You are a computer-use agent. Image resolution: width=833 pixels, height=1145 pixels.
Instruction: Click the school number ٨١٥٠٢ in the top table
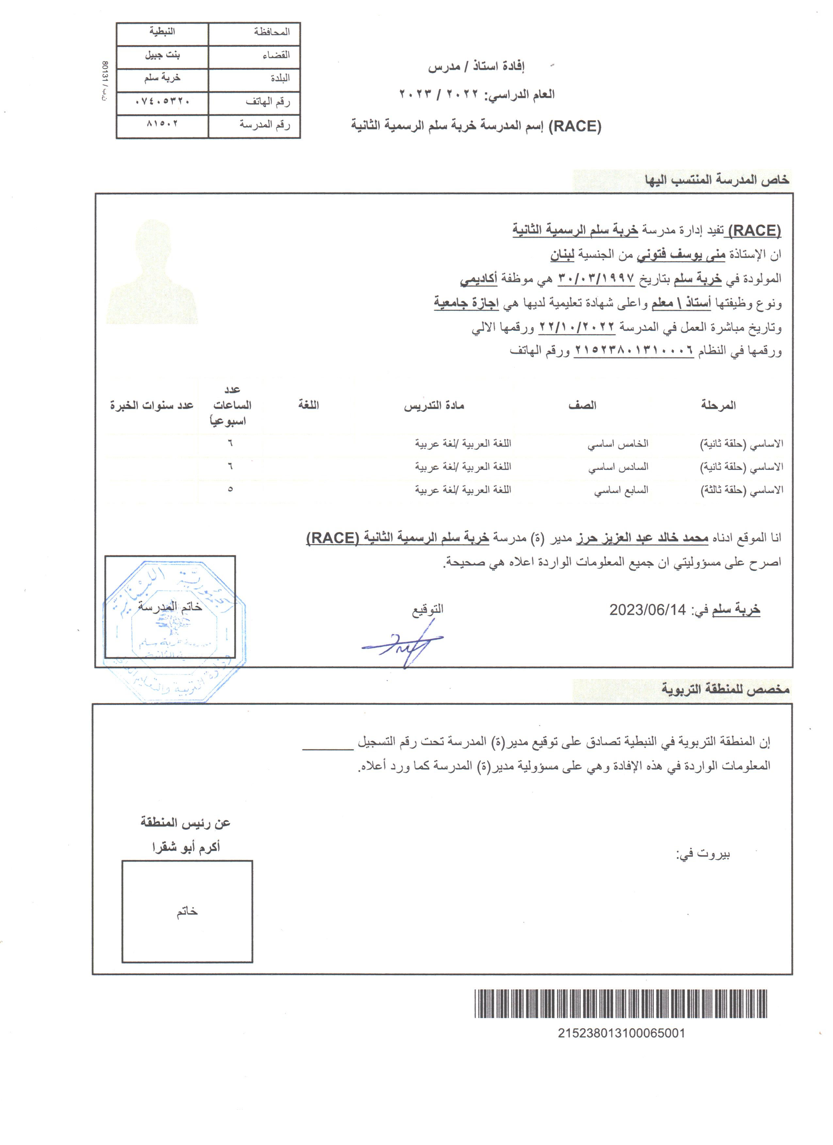tap(162, 124)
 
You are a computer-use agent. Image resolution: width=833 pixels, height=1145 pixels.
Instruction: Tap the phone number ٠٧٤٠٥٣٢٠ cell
tap(162, 102)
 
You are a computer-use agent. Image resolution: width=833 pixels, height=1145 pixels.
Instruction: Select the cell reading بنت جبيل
tap(162, 55)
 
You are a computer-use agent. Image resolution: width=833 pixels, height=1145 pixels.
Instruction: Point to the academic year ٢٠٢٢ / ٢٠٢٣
tap(438, 94)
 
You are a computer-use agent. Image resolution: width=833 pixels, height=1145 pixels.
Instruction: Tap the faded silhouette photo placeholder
tap(153, 272)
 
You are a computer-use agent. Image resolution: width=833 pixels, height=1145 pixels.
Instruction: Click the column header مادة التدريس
tap(433, 405)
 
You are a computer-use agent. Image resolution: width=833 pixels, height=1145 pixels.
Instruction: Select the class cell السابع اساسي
tap(621, 490)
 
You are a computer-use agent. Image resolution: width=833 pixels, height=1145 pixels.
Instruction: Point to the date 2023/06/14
tap(647, 610)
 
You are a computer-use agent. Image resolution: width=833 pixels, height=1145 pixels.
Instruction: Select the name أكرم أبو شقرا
tap(186, 848)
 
